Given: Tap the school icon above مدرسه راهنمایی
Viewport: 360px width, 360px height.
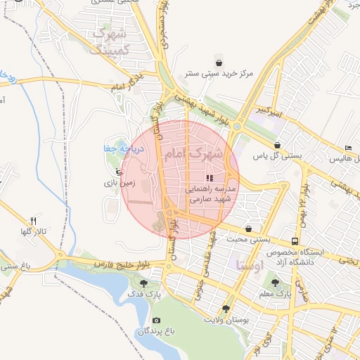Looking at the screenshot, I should tap(209, 177).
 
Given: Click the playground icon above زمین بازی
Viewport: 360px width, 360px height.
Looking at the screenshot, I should tap(118, 171).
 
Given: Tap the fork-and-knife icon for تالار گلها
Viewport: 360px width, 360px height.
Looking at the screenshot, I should tap(32, 221).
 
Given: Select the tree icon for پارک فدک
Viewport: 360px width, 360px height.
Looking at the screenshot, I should tap(144, 283).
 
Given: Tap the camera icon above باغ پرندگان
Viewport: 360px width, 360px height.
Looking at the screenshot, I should tap(156, 321).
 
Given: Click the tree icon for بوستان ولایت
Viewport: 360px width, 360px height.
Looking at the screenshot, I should tap(226, 309).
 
